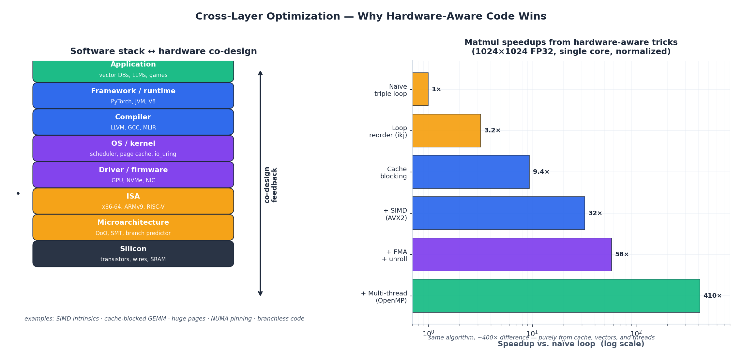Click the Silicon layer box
click(x=133, y=254)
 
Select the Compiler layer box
click(x=133, y=122)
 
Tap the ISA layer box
click(x=133, y=201)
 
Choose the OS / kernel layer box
click(x=133, y=148)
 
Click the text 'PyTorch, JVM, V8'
click(x=133, y=101)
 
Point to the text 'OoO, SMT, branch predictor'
click(x=133, y=233)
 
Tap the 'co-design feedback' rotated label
click(x=270, y=185)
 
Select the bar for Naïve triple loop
click(x=420, y=89)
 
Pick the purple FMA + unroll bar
click(x=512, y=254)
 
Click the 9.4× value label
click(x=541, y=172)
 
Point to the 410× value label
click(x=712, y=296)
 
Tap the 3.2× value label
click(x=492, y=130)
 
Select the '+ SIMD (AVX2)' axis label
click(x=395, y=214)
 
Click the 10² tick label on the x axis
click(x=636, y=334)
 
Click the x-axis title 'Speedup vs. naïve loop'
click(x=570, y=344)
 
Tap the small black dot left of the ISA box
click(x=18, y=193)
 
